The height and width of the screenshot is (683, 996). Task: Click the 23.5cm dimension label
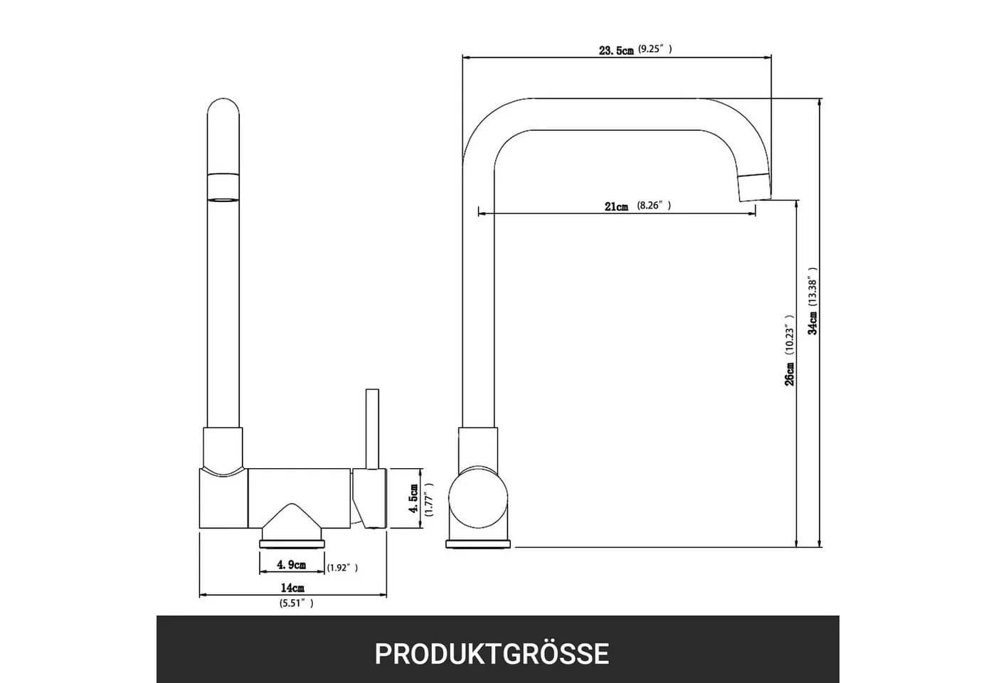coord(616,51)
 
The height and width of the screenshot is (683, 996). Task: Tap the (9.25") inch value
coord(655,49)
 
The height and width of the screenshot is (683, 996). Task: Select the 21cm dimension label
coord(616,206)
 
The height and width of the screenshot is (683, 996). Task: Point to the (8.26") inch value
coord(654,206)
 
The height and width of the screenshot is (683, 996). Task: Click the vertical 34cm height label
coord(812,323)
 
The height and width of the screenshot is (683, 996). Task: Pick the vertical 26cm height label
coord(789,374)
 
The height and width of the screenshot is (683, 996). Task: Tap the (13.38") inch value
coord(812,287)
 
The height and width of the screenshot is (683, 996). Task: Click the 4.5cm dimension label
coord(413,499)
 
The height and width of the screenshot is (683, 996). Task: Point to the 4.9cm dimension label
coord(291,565)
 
